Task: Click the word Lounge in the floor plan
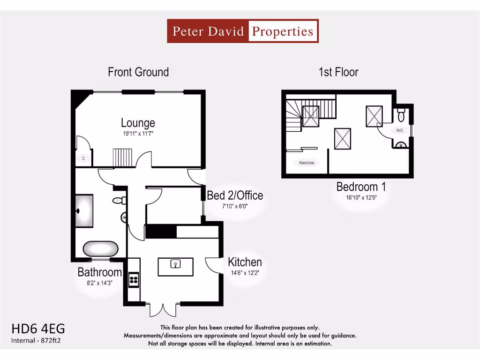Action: click(138, 123)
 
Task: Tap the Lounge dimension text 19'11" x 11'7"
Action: click(138, 134)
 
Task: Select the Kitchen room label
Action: click(245, 262)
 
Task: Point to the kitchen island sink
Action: click(176, 264)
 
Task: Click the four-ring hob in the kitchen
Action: click(133, 279)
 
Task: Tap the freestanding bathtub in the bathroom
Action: click(101, 248)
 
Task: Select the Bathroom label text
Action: click(99, 272)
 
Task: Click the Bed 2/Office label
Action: click(235, 195)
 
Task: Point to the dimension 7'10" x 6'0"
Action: click(235, 206)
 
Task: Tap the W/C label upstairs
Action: click(399, 130)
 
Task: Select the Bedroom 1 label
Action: click(361, 187)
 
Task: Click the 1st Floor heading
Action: click(338, 72)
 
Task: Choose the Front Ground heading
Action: click(138, 72)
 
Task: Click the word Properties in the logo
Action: click(283, 31)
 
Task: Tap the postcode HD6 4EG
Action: click(38, 328)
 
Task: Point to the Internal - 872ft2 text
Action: click(36, 340)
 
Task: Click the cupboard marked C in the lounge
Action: click(83, 158)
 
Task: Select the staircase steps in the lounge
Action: click(123, 157)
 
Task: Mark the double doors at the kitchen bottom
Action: click(163, 309)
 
